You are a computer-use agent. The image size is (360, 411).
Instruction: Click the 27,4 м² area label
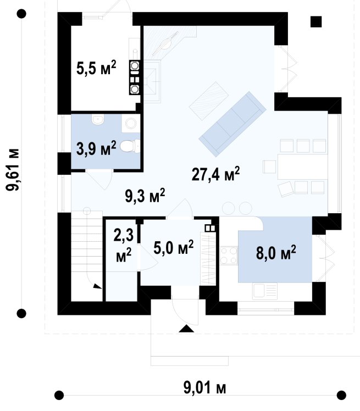[216, 174]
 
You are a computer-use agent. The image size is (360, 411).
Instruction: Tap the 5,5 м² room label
[96, 68]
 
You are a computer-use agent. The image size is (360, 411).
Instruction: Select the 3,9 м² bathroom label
[96, 148]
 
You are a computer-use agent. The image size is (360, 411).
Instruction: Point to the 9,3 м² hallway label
[145, 196]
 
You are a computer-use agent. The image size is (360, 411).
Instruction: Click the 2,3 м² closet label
[124, 245]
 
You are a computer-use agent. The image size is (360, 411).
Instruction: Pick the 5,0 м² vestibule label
[174, 247]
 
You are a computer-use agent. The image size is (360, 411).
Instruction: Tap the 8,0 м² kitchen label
[276, 253]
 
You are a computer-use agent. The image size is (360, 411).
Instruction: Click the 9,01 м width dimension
[205, 388]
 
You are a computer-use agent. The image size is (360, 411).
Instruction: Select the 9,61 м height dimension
[13, 170]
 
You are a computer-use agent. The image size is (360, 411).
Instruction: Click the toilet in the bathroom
[130, 146]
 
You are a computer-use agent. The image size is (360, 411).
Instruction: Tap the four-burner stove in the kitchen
[229, 256]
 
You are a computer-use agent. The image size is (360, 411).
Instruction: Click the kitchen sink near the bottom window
[265, 291]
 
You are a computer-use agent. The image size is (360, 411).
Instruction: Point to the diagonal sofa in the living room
[232, 124]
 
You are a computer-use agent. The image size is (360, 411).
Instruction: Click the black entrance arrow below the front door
[186, 329]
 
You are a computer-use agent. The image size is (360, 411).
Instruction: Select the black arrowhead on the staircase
[97, 286]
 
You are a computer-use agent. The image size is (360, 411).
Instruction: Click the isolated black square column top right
[316, 22]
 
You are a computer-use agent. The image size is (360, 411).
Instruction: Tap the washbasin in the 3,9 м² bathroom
[98, 120]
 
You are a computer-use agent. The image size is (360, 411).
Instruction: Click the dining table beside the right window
[302, 167]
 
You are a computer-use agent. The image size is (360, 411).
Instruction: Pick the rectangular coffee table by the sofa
[208, 99]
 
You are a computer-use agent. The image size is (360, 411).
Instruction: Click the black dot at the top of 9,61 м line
[21, 14]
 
